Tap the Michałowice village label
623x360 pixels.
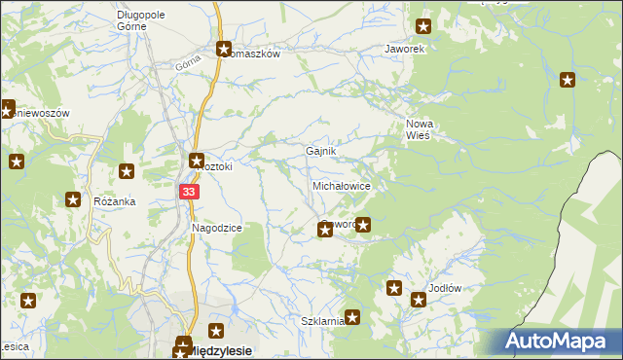click(341, 185)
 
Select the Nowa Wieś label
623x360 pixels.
click(419, 129)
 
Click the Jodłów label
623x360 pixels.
click(444, 290)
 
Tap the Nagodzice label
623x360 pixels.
click(217, 227)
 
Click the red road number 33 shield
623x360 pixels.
click(190, 193)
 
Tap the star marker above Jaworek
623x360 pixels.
click(423, 27)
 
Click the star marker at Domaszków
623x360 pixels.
click(223, 49)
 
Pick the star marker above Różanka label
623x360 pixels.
click(127, 172)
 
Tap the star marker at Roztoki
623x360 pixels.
click(196, 161)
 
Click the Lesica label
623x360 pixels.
click(12, 345)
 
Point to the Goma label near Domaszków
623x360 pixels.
click(187, 64)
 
